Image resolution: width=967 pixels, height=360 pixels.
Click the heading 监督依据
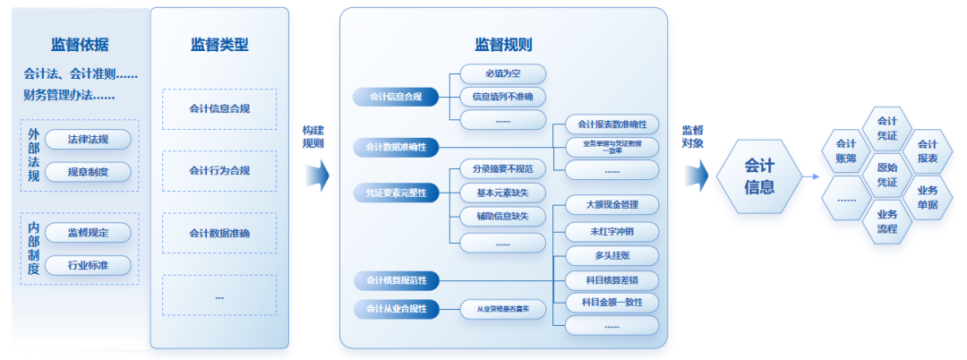80,46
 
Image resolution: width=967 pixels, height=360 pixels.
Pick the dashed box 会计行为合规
219,171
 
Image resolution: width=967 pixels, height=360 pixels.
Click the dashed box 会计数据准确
219,234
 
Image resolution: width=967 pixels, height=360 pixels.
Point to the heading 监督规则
503,45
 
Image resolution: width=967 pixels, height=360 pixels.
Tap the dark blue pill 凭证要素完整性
395,193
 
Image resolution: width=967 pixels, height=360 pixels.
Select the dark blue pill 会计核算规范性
395,281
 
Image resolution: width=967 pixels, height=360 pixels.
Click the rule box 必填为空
502,73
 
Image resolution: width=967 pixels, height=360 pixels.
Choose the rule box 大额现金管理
612,205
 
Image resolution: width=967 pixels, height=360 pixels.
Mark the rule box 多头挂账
612,255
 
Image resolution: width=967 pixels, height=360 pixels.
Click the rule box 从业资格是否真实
502,309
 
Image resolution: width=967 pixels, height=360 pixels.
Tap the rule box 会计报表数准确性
612,124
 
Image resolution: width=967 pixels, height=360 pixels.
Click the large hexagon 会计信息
759,176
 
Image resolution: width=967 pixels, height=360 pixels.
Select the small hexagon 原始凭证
886,176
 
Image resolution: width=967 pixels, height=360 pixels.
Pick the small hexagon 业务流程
886,221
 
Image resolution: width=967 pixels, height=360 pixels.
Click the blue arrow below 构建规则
316,176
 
